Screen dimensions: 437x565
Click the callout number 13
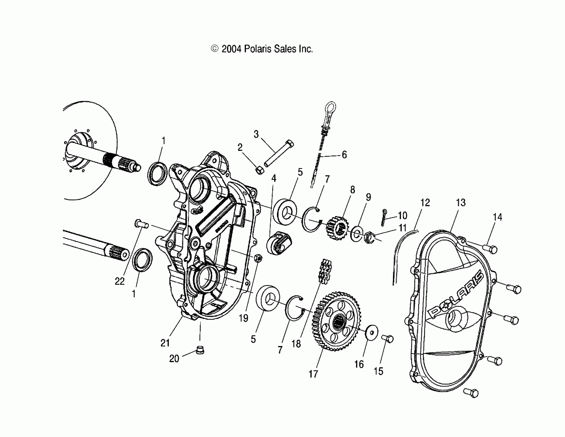pyautogui.click(x=460, y=203)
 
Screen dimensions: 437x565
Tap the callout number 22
pyautogui.click(x=120, y=281)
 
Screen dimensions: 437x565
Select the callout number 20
pyautogui.click(x=174, y=359)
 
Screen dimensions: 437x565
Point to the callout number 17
pyautogui.click(x=313, y=374)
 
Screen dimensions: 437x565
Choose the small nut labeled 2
pyautogui.click(x=259, y=170)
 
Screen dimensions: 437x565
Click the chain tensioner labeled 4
pyautogui.click(x=279, y=243)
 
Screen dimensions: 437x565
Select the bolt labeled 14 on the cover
pyautogui.click(x=490, y=249)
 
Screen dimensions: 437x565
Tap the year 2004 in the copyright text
pyautogui.click(x=231, y=49)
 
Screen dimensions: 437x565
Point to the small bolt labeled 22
pyautogui.click(x=141, y=224)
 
